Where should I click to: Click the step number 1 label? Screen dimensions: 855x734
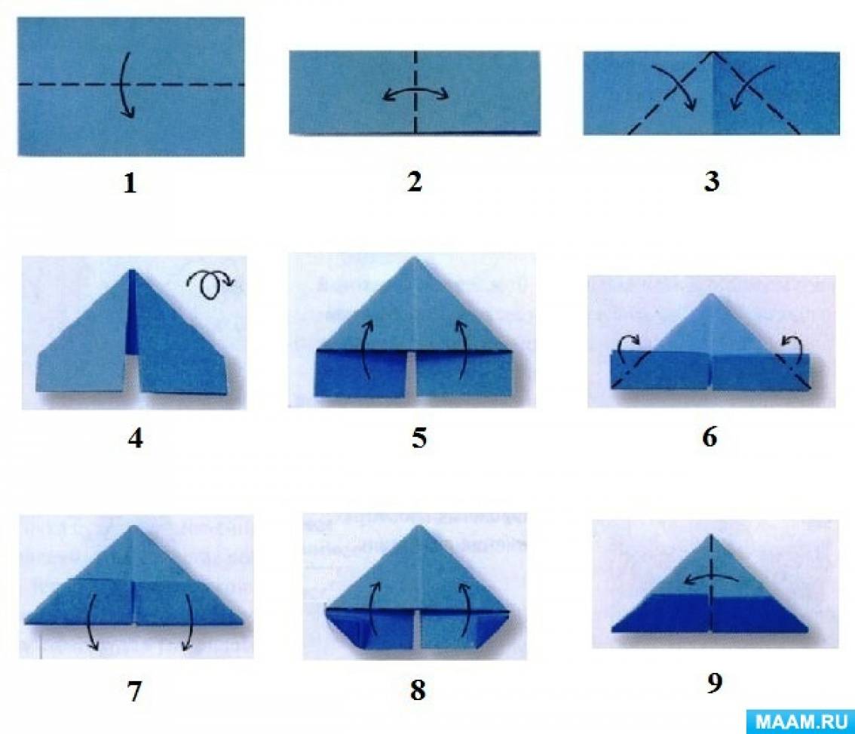[x=129, y=183]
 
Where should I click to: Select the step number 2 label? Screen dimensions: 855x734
[x=415, y=181]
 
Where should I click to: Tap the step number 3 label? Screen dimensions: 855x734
[x=712, y=181]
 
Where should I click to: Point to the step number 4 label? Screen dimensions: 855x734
[x=135, y=438]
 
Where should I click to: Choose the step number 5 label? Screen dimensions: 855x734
[x=418, y=438]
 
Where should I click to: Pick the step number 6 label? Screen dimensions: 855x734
[x=709, y=437]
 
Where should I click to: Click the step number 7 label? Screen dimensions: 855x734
[x=134, y=691]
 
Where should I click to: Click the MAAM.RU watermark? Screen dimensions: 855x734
[x=801, y=721]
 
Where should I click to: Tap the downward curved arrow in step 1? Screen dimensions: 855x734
[x=123, y=84]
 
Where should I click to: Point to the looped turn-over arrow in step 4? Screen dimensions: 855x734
[x=210, y=284]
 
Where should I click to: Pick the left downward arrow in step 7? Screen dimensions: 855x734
[x=92, y=622]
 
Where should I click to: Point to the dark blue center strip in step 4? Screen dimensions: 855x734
[x=132, y=312]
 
